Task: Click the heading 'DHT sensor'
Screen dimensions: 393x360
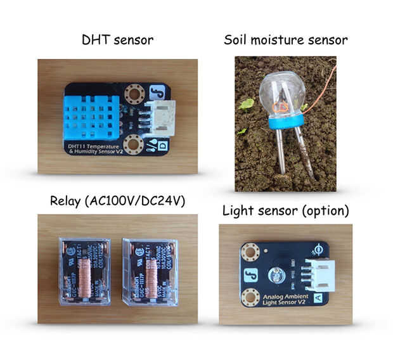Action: pos(117,40)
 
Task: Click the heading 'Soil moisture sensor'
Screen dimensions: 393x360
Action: pos(285,40)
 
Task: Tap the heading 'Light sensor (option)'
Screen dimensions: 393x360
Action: pos(285,210)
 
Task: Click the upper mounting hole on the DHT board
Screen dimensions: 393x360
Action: pos(134,95)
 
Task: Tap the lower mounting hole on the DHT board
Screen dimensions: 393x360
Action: pos(133,145)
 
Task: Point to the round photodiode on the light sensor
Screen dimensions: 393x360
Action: pos(276,275)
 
